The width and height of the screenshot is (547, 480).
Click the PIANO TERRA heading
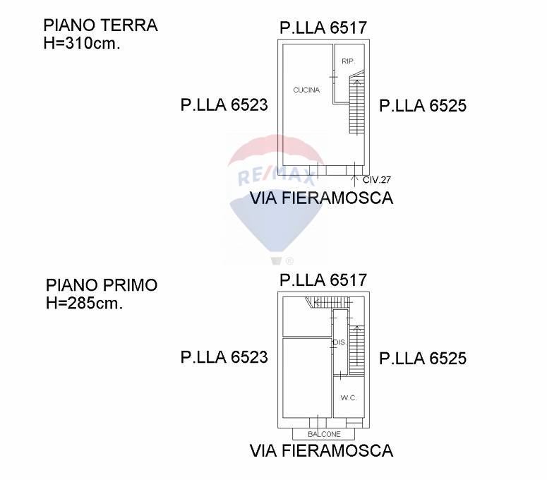tap(100, 25)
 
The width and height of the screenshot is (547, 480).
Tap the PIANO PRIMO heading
tap(102, 285)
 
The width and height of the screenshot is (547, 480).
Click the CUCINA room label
tap(306, 90)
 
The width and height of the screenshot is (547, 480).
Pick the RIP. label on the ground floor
tap(347, 61)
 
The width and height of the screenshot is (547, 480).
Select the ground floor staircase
tap(356, 106)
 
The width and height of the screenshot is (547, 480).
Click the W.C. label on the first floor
tap(349, 398)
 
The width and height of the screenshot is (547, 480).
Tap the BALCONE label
tap(324, 434)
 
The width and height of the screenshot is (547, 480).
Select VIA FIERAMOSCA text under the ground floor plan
tap(322, 198)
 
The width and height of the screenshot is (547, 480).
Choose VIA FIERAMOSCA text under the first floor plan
tap(322, 450)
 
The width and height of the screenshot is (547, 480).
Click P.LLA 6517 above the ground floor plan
tap(323, 28)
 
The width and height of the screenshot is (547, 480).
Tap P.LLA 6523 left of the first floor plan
tap(224, 357)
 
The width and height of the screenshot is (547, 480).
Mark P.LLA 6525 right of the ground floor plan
tap(423, 106)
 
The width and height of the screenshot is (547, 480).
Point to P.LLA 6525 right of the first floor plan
tap(423, 359)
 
